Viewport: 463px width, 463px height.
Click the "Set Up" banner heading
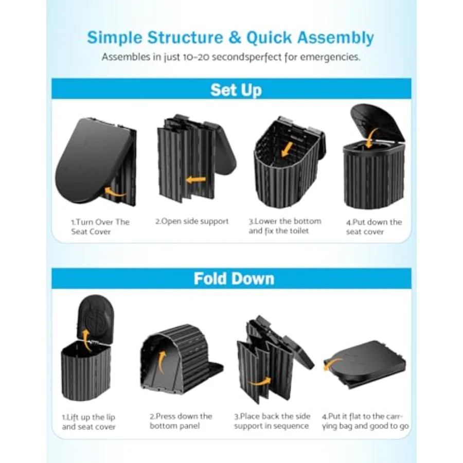(x=236, y=90)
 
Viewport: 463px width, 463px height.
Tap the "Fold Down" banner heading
(x=234, y=278)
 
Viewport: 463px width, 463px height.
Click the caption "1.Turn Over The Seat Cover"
(x=100, y=227)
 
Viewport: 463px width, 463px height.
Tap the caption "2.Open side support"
(x=192, y=221)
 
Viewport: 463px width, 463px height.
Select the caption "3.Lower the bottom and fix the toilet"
(x=285, y=226)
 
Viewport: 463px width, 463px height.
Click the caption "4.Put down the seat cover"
(x=374, y=227)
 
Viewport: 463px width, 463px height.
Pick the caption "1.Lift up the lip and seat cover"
(x=88, y=422)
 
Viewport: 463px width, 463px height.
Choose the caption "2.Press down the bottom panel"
(x=181, y=421)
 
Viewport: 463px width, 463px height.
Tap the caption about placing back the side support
(x=272, y=421)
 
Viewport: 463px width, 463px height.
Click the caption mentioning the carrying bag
(x=365, y=421)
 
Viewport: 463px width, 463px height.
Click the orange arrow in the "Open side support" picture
(x=196, y=179)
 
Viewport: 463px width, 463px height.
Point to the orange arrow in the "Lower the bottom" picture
(x=287, y=149)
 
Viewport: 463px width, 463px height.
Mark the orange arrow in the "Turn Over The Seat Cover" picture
(x=115, y=192)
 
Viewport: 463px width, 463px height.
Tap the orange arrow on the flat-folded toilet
(x=332, y=363)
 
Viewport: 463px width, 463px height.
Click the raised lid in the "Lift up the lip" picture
(x=95, y=318)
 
